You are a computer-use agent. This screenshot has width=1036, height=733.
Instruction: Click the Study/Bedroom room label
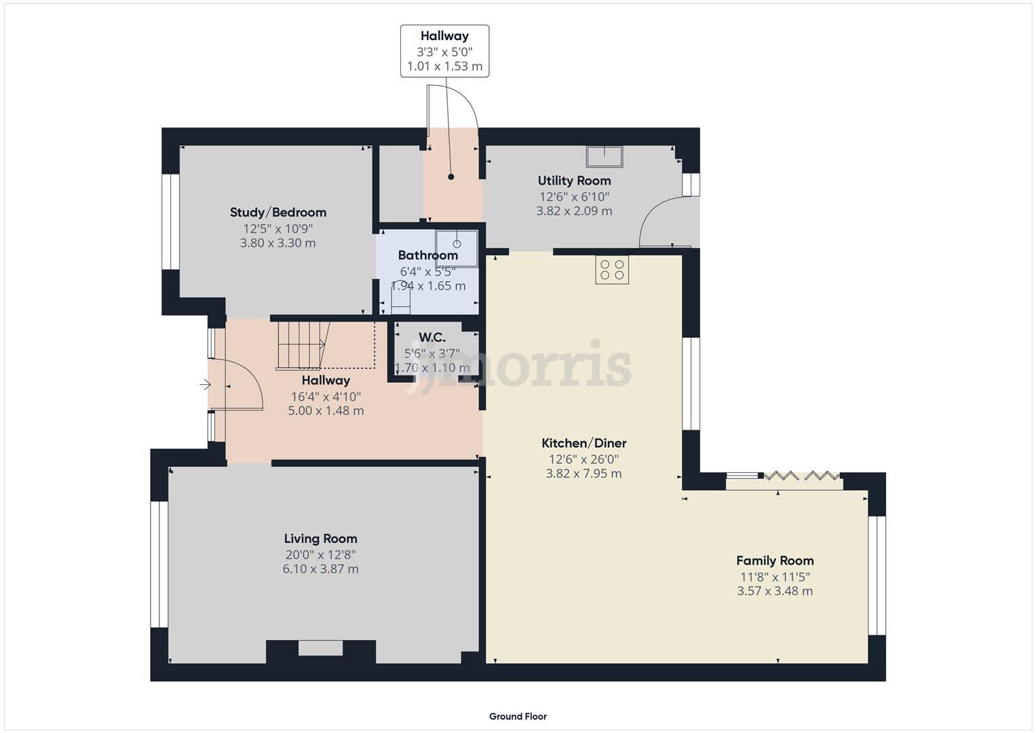click(277, 212)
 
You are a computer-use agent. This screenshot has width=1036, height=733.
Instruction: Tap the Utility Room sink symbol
click(604, 156)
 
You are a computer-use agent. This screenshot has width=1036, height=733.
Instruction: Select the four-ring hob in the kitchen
click(612, 269)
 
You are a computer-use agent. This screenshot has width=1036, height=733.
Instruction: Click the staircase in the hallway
click(303, 345)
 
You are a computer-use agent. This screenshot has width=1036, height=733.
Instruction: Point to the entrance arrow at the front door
click(206, 386)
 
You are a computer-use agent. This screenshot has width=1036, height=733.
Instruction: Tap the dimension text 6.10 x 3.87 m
click(320, 569)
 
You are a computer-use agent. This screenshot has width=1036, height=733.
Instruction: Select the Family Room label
click(775, 561)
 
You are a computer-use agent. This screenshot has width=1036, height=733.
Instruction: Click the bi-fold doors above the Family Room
click(801, 476)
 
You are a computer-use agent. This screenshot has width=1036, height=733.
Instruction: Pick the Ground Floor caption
click(518, 716)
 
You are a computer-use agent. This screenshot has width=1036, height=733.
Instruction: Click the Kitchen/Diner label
click(583, 443)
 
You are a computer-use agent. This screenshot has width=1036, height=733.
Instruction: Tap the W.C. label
click(432, 337)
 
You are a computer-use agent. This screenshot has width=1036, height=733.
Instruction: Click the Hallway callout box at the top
click(444, 51)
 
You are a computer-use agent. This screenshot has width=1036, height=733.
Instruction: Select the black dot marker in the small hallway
click(450, 177)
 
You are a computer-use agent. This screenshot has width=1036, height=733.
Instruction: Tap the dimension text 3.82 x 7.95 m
click(583, 474)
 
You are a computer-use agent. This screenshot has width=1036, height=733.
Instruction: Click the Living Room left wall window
click(159, 564)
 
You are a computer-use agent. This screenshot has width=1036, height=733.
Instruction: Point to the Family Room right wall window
click(877, 576)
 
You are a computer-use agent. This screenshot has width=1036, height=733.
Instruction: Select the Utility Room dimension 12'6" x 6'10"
click(574, 197)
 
